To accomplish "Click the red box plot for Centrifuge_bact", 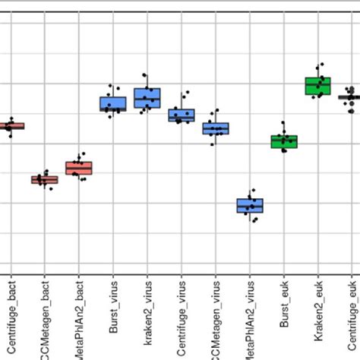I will [x=11, y=126].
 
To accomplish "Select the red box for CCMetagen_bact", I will [x=44, y=180].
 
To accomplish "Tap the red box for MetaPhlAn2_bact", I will [x=78, y=168].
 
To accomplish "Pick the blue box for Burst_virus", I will [x=112, y=104].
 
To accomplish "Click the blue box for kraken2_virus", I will [x=147, y=98].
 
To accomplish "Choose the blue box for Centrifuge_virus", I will [x=181, y=115].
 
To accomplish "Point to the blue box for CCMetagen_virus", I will [x=215, y=128].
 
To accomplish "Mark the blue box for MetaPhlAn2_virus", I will [x=249, y=205].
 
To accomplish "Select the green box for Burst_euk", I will [x=283, y=141].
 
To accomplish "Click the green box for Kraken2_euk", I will [x=317, y=86].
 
